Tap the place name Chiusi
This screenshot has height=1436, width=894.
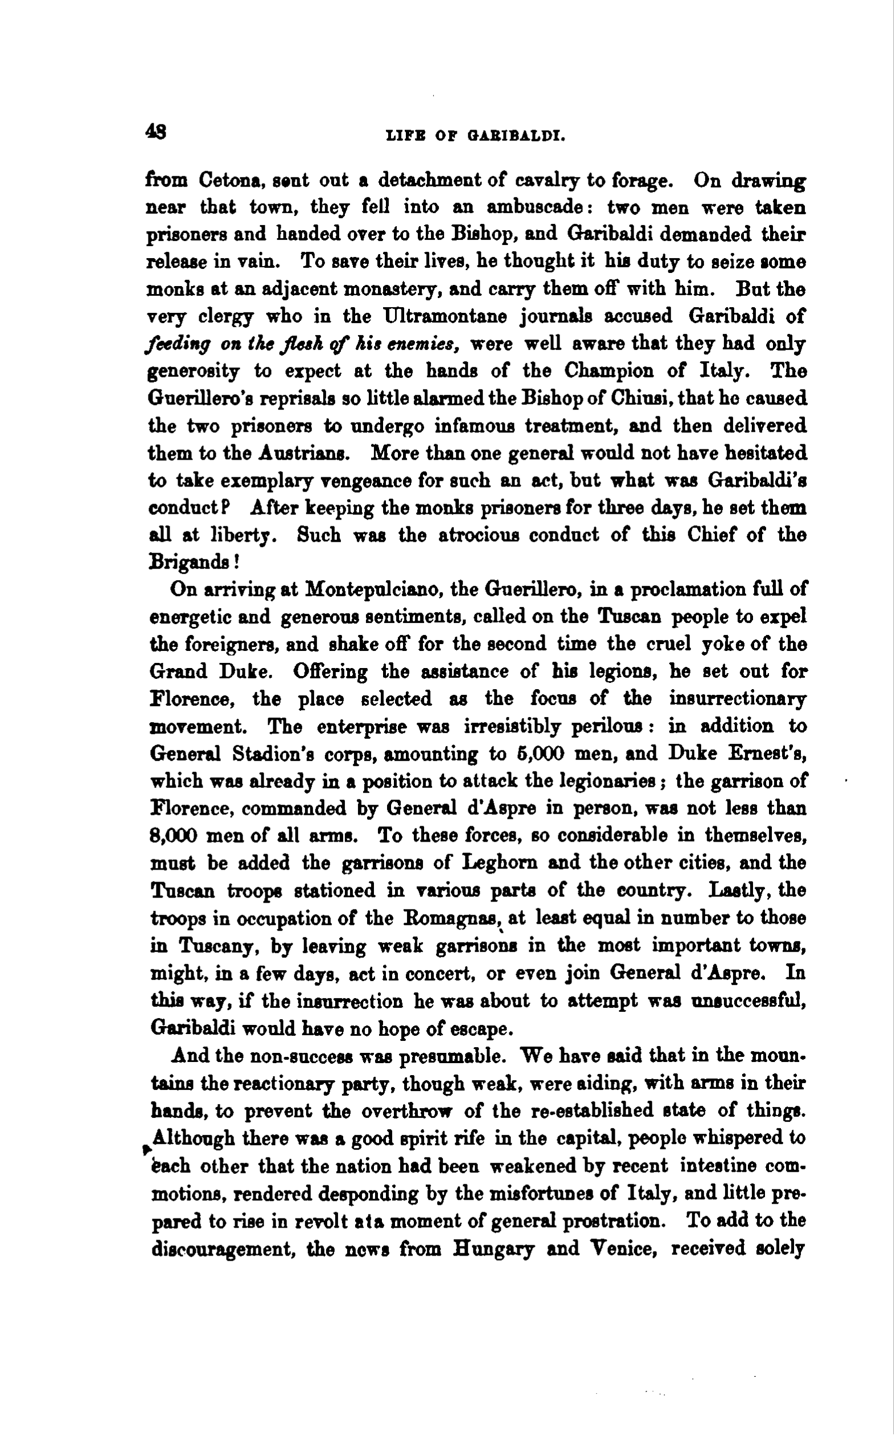pos(641,399)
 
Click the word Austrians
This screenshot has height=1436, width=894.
pos(305,453)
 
